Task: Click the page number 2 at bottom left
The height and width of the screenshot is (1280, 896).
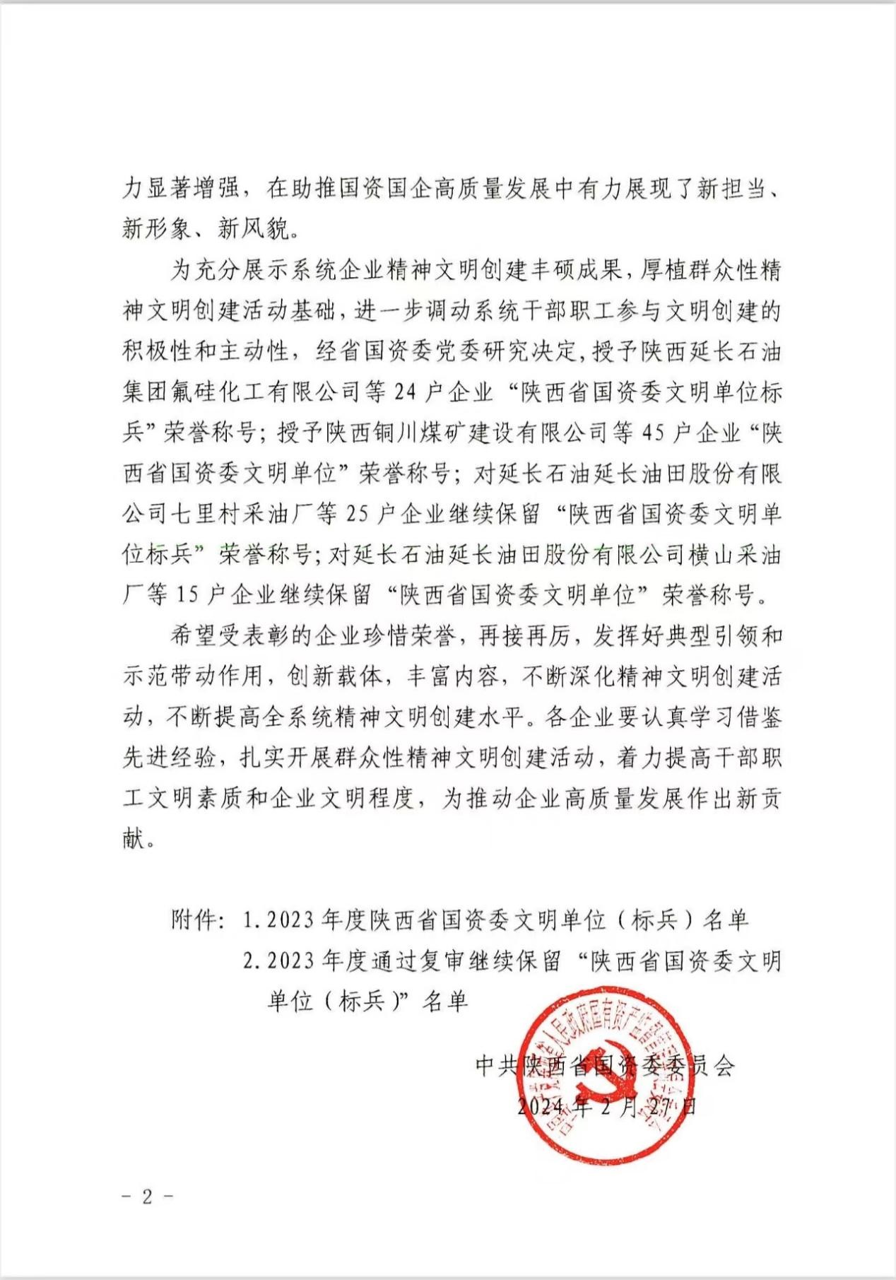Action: point(148,1196)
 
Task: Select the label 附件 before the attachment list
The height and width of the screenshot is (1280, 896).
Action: point(194,920)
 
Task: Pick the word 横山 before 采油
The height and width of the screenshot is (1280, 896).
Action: point(711,554)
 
